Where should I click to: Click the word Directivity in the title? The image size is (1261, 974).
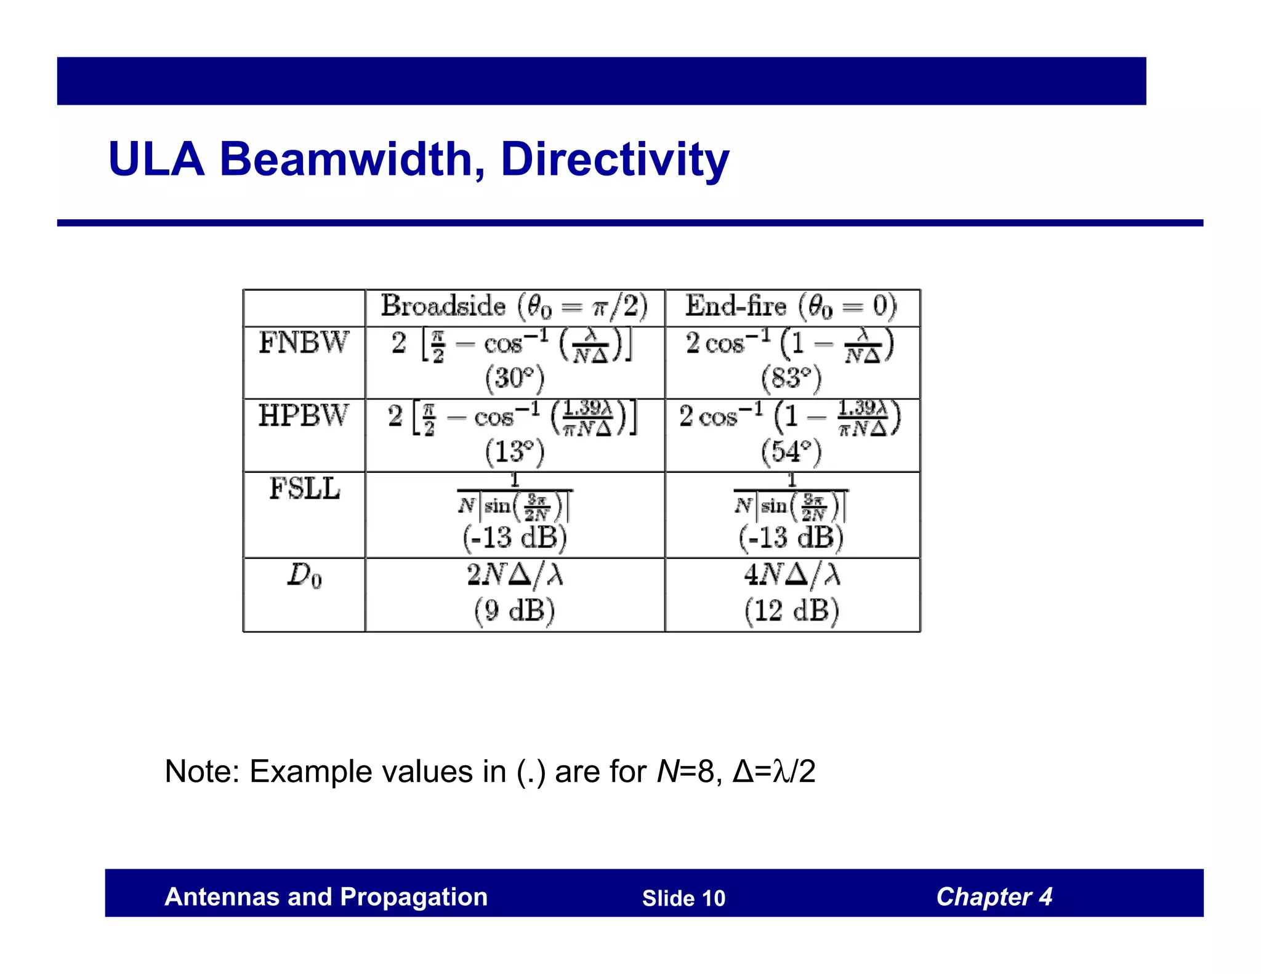tap(614, 159)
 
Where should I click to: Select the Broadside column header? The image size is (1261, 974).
tap(514, 306)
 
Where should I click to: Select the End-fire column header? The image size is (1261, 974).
tap(791, 306)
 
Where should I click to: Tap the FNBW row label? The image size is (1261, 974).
tap(304, 342)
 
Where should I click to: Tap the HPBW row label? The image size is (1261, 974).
tap(304, 415)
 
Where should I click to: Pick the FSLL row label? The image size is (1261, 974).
tap(305, 489)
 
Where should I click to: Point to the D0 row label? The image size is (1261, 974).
tap(304, 576)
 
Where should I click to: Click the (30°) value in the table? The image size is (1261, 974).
tap(515, 378)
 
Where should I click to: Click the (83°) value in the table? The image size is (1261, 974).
tap(791, 378)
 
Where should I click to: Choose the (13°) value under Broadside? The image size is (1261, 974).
tap(515, 451)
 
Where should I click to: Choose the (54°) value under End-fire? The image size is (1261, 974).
tap(791, 451)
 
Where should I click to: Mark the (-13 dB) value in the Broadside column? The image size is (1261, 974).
tap(515, 537)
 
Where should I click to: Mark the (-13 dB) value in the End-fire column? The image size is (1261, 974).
tap(791, 537)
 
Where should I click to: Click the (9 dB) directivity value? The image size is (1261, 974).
tap(515, 611)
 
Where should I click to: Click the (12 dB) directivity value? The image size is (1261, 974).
tap(791, 611)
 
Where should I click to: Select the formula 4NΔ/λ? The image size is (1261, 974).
tap(791, 575)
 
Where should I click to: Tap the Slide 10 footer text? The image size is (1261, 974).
tap(683, 898)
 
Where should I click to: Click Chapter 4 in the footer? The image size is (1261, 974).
tap(994, 896)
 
